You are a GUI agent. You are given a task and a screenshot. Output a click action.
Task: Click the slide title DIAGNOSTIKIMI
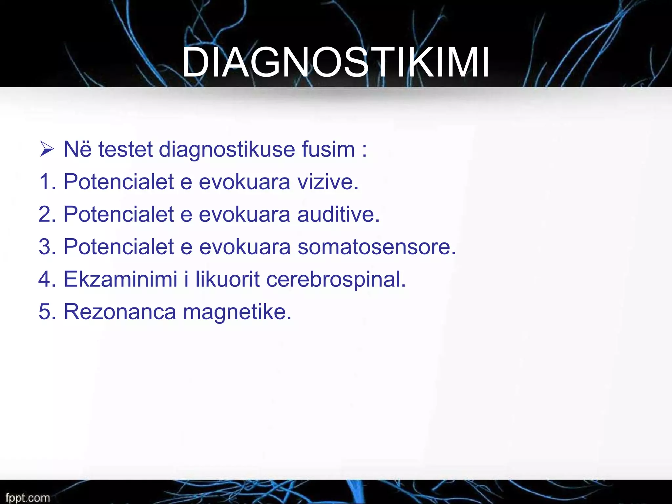(335, 62)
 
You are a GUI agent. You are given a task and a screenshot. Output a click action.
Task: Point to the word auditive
(338, 214)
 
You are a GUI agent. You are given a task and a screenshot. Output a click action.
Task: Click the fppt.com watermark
(28, 497)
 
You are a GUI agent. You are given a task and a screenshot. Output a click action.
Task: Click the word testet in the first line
(125, 149)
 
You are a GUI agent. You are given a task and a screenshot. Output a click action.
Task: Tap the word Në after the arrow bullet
(77, 149)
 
